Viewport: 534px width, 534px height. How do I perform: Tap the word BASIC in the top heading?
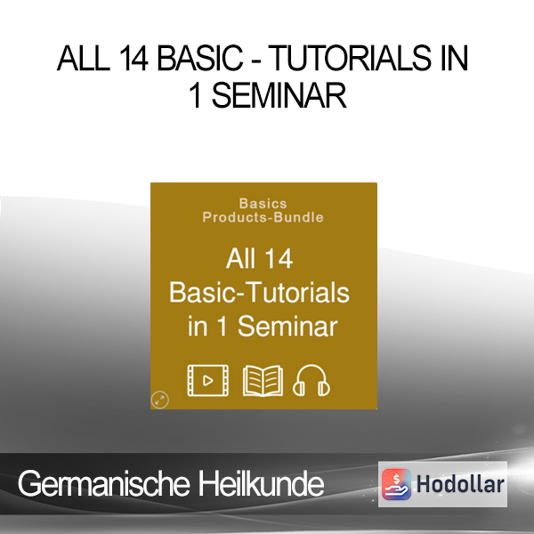click(x=200, y=58)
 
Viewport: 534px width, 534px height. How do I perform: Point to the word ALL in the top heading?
click(x=84, y=58)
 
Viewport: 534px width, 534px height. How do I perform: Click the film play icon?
click(x=207, y=380)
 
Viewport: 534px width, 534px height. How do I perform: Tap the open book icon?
click(x=263, y=381)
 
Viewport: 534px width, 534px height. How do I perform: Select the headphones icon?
click(x=311, y=380)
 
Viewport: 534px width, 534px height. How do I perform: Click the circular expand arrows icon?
click(x=159, y=400)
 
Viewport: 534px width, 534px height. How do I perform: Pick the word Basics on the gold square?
click(x=263, y=204)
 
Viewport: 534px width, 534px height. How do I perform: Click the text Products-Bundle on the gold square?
click(x=263, y=217)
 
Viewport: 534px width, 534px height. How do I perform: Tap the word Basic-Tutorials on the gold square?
click(x=259, y=293)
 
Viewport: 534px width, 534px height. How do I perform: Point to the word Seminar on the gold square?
click(x=287, y=327)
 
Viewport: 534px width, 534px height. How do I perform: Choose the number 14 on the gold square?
click(x=279, y=259)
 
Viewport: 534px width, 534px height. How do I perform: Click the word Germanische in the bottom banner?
click(x=103, y=483)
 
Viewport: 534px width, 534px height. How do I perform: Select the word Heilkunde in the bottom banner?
click(x=261, y=483)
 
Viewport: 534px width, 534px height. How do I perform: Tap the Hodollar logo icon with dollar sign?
click(x=396, y=484)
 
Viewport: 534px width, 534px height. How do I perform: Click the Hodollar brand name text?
click(x=460, y=484)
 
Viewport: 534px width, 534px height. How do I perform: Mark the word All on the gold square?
click(x=240, y=259)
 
